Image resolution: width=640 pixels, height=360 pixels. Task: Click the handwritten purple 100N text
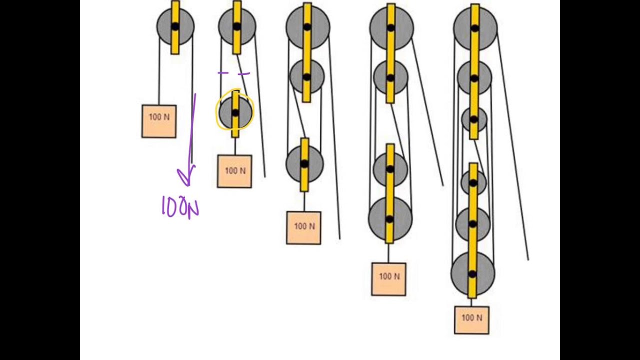click(x=180, y=207)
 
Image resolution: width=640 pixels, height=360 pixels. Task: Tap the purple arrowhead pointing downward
click(x=186, y=175)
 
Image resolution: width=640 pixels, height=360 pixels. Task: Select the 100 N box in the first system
click(x=159, y=121)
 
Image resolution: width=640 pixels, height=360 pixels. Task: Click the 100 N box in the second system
click(x=234, y=171)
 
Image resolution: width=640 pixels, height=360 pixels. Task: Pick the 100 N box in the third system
click(x=303, y=227)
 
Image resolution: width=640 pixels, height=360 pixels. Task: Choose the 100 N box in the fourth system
click(x=388, y=279)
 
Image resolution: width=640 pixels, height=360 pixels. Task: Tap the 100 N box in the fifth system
click(x=471, y=320)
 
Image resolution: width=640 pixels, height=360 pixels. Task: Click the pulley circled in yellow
click(x=235, y=113)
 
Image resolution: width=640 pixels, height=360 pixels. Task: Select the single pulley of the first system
click(x=175, y=26)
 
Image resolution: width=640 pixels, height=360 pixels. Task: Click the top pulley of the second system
click(x=237, y=26)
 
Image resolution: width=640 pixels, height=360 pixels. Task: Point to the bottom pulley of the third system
click(x=304, y=163)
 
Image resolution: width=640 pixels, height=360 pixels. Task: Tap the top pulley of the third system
click(x=307, y=27)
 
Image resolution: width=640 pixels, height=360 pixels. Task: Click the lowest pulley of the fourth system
click(x=390, y=219)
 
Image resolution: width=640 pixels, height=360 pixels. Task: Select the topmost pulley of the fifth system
click(x=475, y=28)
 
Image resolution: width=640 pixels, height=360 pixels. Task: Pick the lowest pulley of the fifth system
click(x=473, y=274)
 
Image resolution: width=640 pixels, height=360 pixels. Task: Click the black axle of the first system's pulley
click(x=175, y=26)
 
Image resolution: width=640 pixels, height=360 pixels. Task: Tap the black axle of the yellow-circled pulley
click(x=235, y=113)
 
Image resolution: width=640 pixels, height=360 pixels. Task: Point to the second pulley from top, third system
click(x=307, y=76)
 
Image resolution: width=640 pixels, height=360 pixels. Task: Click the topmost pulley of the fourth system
click(x=391, y=28)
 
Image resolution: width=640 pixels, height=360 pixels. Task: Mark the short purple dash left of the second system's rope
click(x=223, y=73)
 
